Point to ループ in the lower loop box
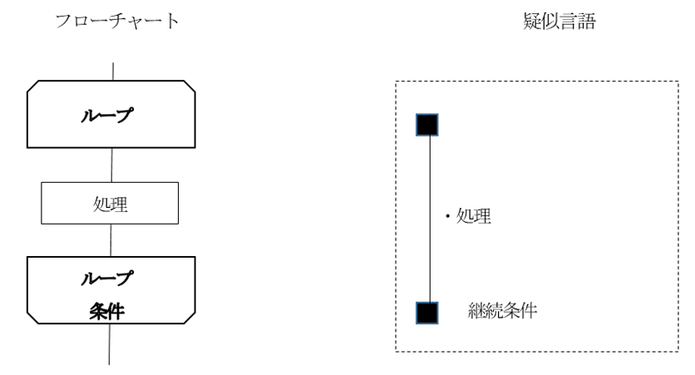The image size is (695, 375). [x=112, y=279]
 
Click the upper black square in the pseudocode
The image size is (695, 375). [x=426, y=125]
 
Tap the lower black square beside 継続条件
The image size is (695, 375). [x=426, y=313]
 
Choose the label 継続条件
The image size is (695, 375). [x=503, y=313]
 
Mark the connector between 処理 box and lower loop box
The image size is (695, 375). [x=112, y=241]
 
